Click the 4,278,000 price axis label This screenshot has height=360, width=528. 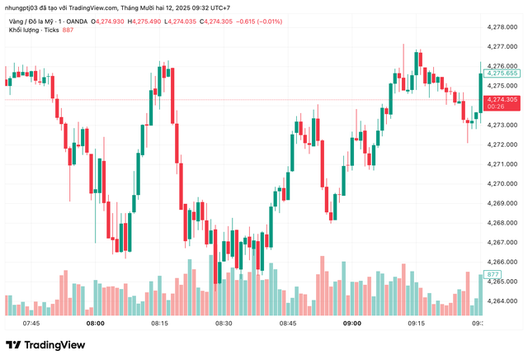coord(502,27)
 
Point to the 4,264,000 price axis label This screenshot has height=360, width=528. coord(502,301)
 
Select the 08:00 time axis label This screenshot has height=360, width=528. coord(95,324)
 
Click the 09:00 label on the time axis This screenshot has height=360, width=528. coord(352,324)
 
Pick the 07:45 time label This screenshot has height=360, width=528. coord(31,324)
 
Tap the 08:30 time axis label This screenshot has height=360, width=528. coord(224,324)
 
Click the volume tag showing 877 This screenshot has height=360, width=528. coord(493,274)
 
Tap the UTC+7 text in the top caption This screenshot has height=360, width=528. coord(219,8)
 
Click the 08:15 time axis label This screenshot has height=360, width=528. coord(159,324)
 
